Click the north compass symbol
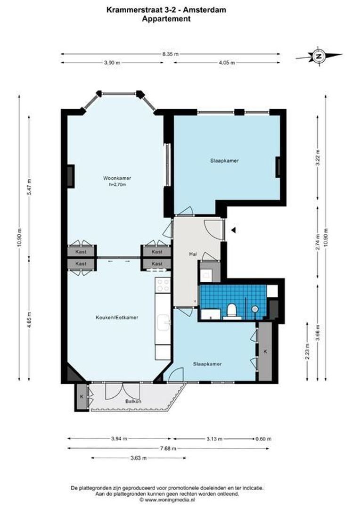tap(319, 56)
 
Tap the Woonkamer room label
tap(117, 178)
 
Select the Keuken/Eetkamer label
tap(117, 318)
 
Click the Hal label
tap(192, 254)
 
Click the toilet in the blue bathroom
tap(231, 310)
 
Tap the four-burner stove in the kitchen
tap(163, 285)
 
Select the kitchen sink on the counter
tap(163, 322)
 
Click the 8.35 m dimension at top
tap(170, 54)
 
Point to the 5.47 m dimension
tap(29, 184)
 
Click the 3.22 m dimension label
tap(318, 156)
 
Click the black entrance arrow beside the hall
tap(233, 230)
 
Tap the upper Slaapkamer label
tap(224, 161)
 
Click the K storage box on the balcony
tap(82, 397)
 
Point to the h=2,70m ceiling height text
tap(117, 185)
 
